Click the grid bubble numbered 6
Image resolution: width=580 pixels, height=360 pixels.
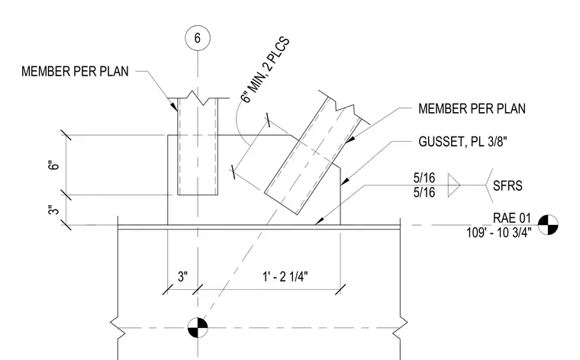(x=198, y=38)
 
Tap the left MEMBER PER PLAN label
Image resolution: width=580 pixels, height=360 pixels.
(x=75, y=72)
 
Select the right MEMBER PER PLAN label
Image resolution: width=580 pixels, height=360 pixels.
(x=472, y=108)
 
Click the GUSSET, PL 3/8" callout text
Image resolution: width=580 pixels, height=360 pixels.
(x=462, y=142)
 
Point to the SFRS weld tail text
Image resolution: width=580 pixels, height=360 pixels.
(x=507, y=185)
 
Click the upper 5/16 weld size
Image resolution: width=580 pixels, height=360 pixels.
(x=424, y=178)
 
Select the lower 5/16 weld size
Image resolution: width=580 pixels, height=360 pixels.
(x=424, y=192)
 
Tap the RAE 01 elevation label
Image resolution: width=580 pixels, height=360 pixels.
(x=512, y=218)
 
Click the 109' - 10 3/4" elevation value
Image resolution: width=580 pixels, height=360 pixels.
(x=499, y=233)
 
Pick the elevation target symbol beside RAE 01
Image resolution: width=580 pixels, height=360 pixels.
(x=548, y=225)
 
